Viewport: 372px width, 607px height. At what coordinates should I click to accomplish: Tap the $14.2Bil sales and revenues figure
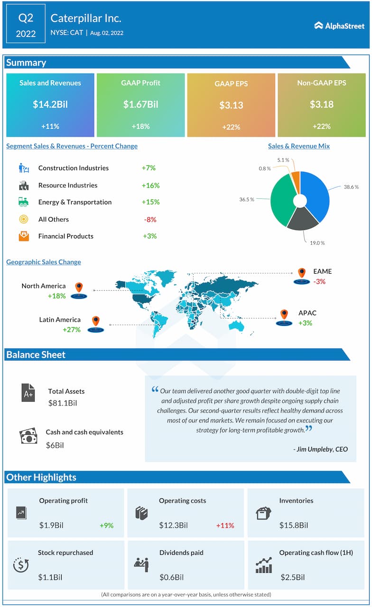tap(50, 104)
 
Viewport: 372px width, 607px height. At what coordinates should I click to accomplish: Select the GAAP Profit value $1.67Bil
tap(140, 104)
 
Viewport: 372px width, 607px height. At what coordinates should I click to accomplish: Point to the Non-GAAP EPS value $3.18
tap(322, 104)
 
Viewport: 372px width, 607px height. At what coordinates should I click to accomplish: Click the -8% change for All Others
tap(150, 220)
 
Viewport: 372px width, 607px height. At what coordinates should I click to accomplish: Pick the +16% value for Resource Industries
tap(150, 185)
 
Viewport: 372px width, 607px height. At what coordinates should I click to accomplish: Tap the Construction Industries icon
tap(24, 168)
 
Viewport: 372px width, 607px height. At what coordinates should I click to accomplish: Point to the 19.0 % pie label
tap(317, 243)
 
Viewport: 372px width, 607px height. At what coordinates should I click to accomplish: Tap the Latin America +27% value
tap(71, 330)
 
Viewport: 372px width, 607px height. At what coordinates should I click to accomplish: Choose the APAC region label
tap(307, 313)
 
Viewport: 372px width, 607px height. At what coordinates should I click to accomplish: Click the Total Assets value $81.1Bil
tap(63, 404)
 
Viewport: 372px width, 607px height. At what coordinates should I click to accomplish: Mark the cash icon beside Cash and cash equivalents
tap(28, 436)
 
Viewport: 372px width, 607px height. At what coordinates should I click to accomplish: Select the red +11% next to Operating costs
tap(225, 525)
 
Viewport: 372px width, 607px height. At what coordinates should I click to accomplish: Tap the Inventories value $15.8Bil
tap(294, 525)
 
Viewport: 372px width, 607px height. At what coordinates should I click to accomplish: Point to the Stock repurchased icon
tap(21, 565)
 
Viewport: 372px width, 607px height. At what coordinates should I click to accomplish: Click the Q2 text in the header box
tap(26, 18)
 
